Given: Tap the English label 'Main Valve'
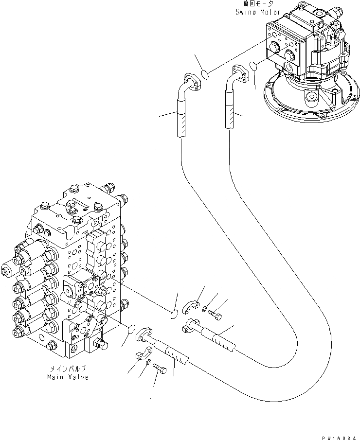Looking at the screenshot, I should tap(68, 377).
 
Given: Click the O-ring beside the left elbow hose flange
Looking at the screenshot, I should tap(206, 74).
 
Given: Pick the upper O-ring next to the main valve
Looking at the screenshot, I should tap(173, 315).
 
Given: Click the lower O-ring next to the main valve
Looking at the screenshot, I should tap(130, 331).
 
